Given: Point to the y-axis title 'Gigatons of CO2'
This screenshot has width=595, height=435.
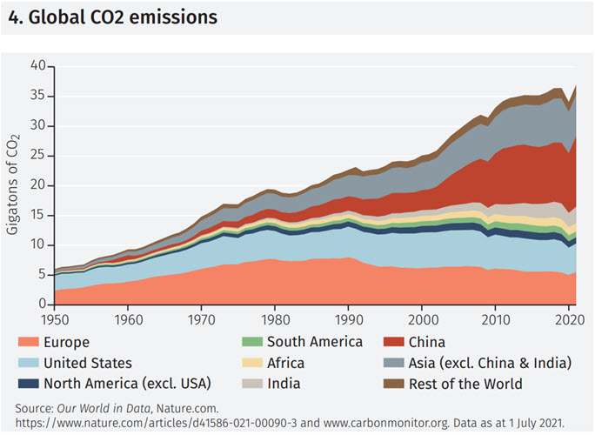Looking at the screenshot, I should (x=14, y=184).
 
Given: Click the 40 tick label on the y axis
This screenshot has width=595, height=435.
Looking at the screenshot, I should (x=37, y=66).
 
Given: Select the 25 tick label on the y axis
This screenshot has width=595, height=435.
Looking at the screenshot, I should (x=37, y=156).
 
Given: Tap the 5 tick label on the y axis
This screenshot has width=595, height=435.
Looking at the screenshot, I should (x=41, y=275).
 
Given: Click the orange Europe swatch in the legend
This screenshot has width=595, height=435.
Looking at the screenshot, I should (x=28, y=343).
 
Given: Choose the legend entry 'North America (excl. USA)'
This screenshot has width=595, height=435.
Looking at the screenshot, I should (x=126, y=384).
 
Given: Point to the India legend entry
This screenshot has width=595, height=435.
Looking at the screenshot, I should (x=284, y=384).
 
